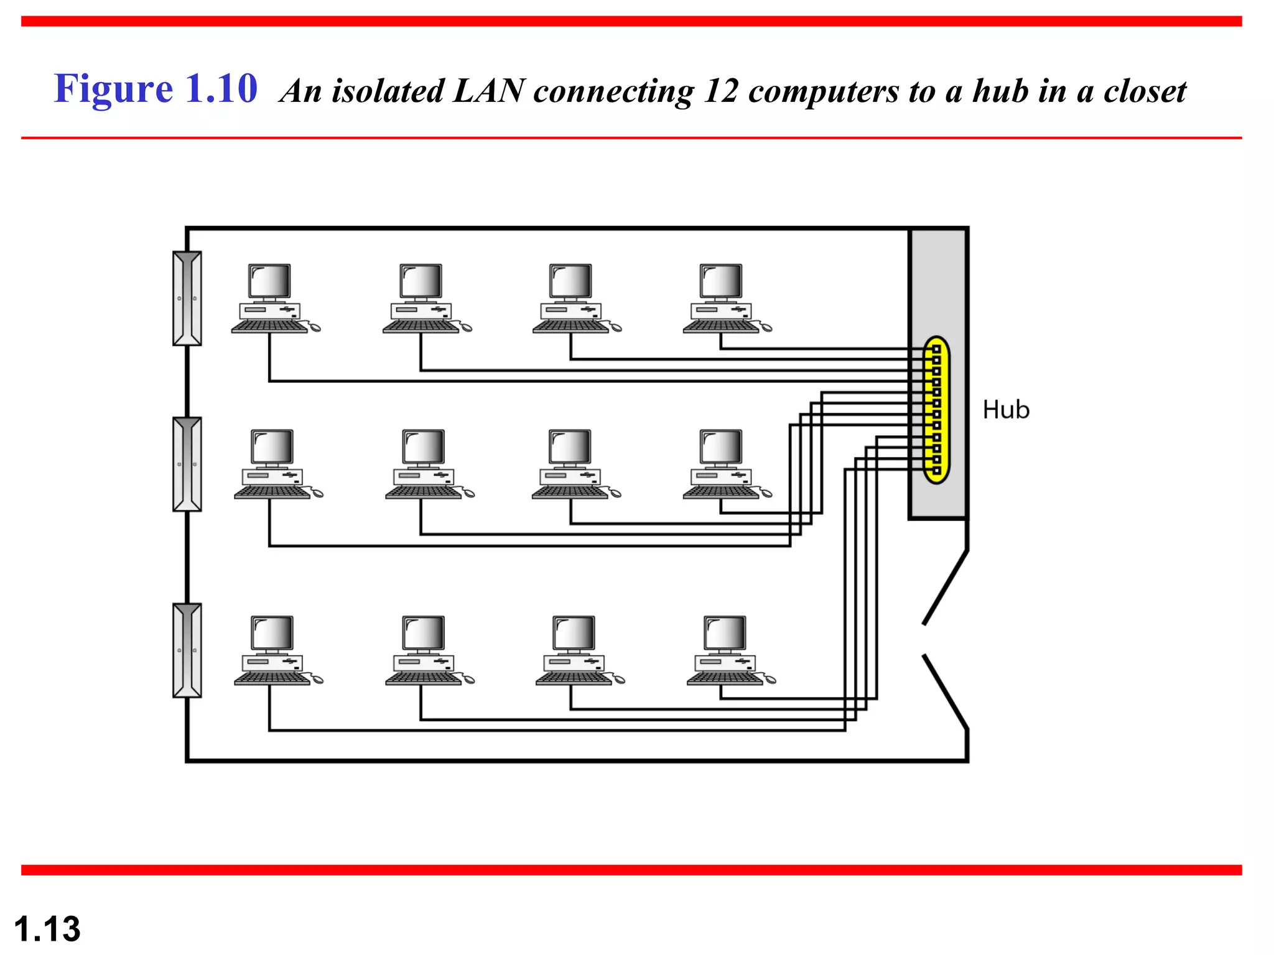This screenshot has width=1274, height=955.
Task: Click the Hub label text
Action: pyautogui.click(x=1005, y=410)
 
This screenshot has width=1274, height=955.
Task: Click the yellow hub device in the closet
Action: pyautogui.click(x=936, y=410)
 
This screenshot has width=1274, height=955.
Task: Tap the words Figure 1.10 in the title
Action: pyautogui.click(x=156, y=88)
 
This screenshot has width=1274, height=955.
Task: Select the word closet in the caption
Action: pyautogui.click(x=1145, y=91)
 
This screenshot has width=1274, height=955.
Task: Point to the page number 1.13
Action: pyautogui.click(x=47, y=929)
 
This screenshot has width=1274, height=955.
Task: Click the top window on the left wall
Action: pyautogui.click(x=187, y=298)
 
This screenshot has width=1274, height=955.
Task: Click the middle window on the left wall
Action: pyautogui.click(x=187, y=464)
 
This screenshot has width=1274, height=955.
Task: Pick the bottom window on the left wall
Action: pyautogui.click(x=187, y=650)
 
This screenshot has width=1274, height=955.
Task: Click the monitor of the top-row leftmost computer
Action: pyautogui.click(x=269, y=281)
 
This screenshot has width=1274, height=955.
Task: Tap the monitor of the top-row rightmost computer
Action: pyautogui.click(x=721, y=281)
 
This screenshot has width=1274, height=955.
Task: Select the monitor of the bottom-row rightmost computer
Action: pyautogui.click(x=725, y=633)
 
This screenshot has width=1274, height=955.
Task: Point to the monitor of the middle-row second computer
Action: pyautogui.click(x=423, y=446)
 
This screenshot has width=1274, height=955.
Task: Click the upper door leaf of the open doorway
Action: pyautogui.click(x=946, y=587)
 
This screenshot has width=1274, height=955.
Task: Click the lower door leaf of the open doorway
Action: pyautogui.click(x=946, y=691)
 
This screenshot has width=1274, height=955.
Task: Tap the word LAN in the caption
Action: pyautogui.click(x=489, y=91)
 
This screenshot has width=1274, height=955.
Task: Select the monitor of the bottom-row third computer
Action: pyautogui.click(x=574, y=633)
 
